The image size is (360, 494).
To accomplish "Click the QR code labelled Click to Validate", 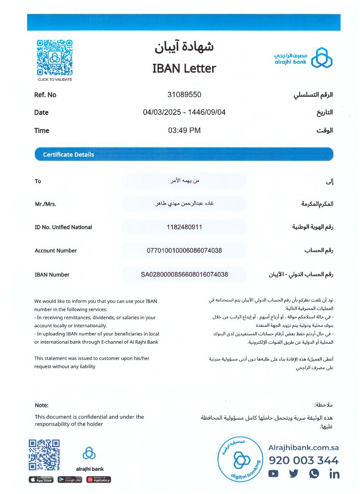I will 55,57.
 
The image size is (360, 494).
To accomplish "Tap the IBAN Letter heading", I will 184,68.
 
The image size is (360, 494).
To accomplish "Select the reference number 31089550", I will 184,95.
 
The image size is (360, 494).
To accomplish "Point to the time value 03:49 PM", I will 184,130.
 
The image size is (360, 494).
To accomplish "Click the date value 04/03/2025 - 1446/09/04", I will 184,112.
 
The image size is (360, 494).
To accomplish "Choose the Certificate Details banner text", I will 68,155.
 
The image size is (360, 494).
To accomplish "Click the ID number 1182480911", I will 184,227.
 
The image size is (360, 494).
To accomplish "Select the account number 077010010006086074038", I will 184,250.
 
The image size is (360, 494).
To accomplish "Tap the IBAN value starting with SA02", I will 184,274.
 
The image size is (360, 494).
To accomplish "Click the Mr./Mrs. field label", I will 45,204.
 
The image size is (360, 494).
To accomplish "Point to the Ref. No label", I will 45,95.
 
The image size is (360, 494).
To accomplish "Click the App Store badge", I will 41,480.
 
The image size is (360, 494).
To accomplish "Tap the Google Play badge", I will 70,480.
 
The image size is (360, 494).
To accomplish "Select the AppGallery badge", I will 98,480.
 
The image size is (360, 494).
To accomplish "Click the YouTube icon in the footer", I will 273,474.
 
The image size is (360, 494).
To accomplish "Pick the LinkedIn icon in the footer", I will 334,474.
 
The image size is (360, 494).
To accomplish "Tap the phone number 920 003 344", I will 303,461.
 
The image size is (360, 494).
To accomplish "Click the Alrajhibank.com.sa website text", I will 303,448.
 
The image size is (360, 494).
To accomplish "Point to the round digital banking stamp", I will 240,459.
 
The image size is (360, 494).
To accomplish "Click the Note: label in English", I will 41,405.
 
